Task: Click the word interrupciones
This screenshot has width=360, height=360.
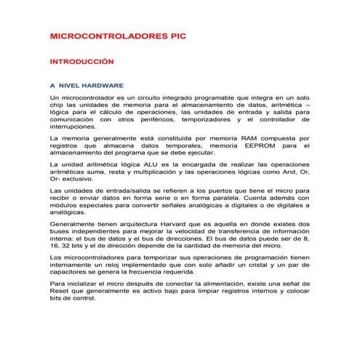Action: click(x=74, y=126)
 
